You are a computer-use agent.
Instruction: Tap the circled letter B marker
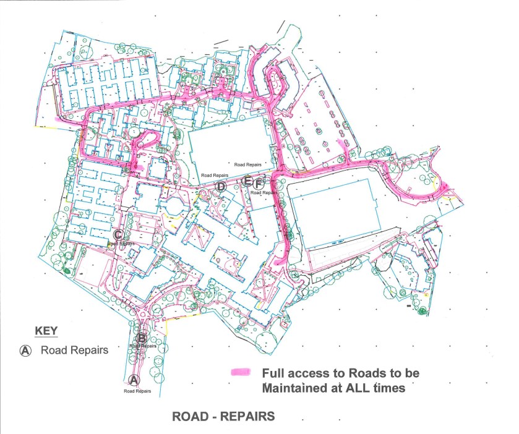pos(142,338)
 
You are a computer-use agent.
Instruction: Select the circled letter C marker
pos(118,234)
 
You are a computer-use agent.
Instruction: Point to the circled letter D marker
pos(220,186)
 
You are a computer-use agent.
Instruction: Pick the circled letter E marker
pos(247,181)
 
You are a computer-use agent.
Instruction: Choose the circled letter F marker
pos(259,183)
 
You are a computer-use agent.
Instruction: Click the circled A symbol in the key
pos(26,351)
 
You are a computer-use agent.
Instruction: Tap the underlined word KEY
pos(46,331)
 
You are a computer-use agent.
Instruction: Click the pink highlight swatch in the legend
pos(240,373)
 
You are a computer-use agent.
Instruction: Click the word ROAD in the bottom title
pos(190,417)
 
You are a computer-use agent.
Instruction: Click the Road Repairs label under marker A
pos(137,391)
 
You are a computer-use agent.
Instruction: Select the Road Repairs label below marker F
pos(264,193)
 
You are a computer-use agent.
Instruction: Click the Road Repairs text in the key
pos(74,351)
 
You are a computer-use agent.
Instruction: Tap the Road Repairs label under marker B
pos(144,346)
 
